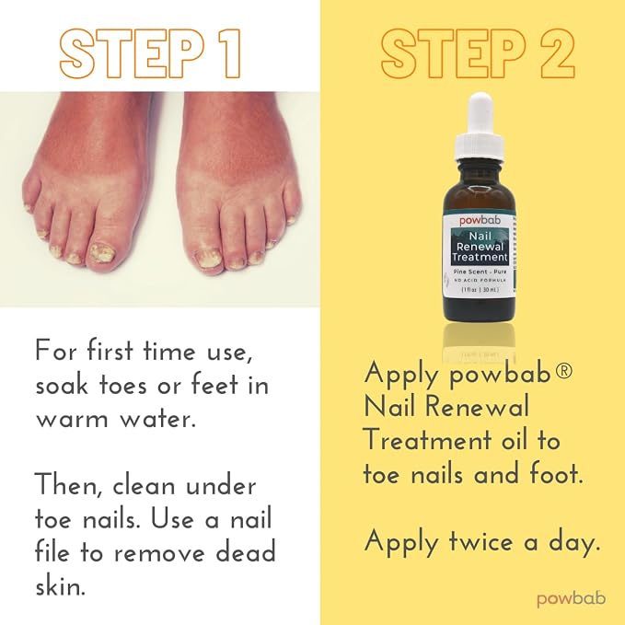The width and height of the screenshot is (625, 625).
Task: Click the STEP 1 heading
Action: click(x=150, y=53)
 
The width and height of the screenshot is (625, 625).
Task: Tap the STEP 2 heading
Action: click(x=478, y=53)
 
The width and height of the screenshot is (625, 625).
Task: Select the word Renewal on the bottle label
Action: click(x=480, y=247)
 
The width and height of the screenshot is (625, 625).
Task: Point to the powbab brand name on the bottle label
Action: click(x=480, y=220)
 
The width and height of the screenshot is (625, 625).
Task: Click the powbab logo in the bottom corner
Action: click(x=572, y=599)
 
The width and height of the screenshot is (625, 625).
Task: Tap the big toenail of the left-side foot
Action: click(x=101, y=253)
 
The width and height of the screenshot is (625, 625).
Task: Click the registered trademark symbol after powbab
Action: click(x=563, y=371)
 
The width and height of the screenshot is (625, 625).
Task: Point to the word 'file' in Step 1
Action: click(x=52, y=552)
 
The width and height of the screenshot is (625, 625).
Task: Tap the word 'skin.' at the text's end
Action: click(x=60, y=586)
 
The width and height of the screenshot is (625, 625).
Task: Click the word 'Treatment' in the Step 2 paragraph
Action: click(x=428, y=441)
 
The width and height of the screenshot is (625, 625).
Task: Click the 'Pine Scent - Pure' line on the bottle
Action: click(x=480, y=272)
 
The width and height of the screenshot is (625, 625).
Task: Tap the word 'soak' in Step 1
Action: click(x=62, y=385)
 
